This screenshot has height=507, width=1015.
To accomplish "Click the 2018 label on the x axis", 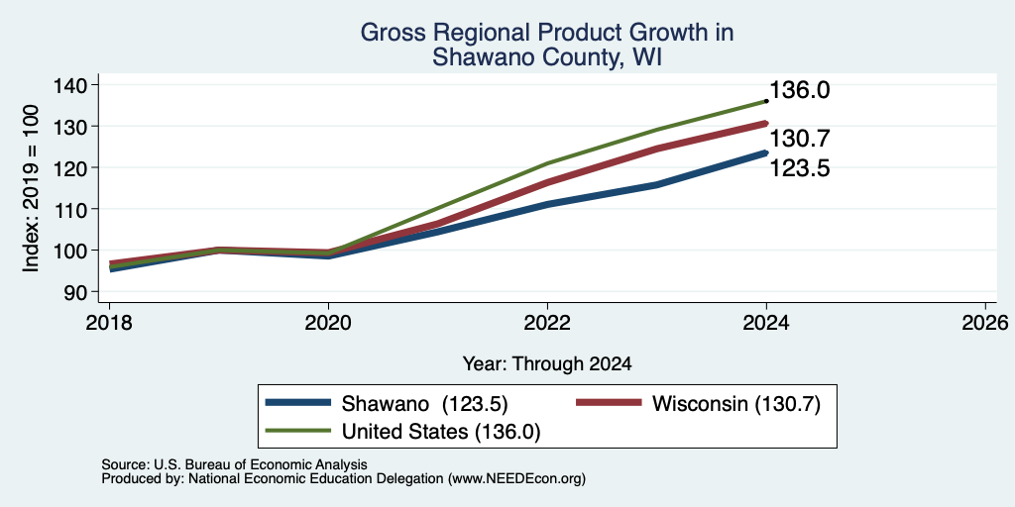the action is (x=109, y=322).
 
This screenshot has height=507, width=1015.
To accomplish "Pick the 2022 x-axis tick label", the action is (x=547, y=322).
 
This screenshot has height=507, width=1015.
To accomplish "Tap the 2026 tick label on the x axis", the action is (x=985, y=322).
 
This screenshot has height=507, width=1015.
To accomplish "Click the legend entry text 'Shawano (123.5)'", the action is (x=424, y=404).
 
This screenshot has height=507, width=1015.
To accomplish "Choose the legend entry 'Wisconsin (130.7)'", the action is (x=736, y=404).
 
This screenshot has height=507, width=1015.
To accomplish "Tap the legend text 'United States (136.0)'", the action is (x=441, y=432).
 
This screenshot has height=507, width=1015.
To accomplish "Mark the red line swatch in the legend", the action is (x=609, y=403).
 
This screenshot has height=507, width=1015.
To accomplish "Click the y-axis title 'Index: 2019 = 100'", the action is (x=31, y=189).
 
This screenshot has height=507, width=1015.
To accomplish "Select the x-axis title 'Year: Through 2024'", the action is (x=547, y=364).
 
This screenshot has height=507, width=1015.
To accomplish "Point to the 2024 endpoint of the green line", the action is (x=766, y=101).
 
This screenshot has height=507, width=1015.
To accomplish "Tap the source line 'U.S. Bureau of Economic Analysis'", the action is (x=261, y=464).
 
